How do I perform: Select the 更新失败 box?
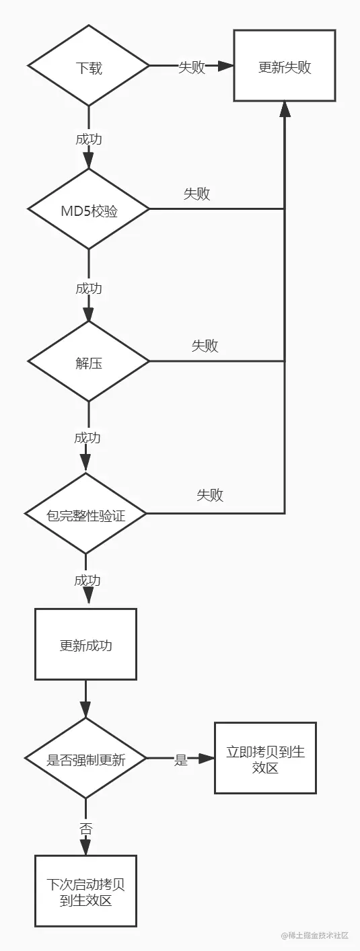click(x=285, y=66)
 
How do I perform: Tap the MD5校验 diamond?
click(x=88, y=209)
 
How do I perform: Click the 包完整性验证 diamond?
click(x=85, y=515)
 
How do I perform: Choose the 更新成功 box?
click(x=85, y=645)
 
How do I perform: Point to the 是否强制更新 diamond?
click(x=85, y=759)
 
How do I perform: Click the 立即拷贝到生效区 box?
click(x=265, y=759)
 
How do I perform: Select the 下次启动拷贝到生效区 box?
click(x=85, y=892)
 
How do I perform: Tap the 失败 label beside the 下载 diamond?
click(x=191, y=67)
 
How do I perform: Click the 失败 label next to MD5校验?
click(x=196, y=194)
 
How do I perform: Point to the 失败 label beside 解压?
click(x=205, y=346)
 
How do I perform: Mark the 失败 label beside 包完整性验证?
click(x=210, y=496)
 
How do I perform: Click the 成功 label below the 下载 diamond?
click(x=89, y=139)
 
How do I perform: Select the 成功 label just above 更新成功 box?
click(x=87, y=580)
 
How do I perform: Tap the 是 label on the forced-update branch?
click(x=180, y=760)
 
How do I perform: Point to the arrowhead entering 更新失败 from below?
click(x=285, y=108)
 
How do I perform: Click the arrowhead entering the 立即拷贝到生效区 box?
click(x=206, y=759)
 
